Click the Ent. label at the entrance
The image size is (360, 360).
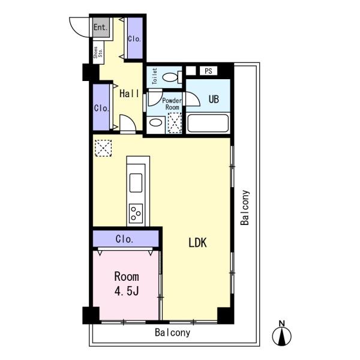click(x=101, y=27)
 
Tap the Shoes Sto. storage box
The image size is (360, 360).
click(x=98, y=53)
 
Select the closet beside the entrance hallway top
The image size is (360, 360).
click(x=135, y=38)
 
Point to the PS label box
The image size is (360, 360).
click(x=208, y=71)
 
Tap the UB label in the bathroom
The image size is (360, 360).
click(x=214, y=99)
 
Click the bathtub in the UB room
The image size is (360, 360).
click(x=208, y=123)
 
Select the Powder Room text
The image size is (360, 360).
click(x=172, y=104)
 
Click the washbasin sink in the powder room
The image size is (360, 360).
click(x=155, y=122)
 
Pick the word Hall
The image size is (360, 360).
click(x=129, y=94)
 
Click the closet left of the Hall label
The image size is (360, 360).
click(x=101, y=107)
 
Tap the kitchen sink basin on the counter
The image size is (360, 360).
click(x=136, y=183)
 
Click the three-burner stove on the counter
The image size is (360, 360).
click(x=136, y=213)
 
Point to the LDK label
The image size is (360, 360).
click(x=197, y=242)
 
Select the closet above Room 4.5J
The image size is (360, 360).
click(x=125, y=239)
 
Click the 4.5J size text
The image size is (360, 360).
click(x=127, y=292)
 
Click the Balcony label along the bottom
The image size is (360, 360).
click(x=173, y=332)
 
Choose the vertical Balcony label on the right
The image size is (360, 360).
click(x=245, y=208)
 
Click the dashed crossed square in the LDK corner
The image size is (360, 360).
click(x=103, y=148)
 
